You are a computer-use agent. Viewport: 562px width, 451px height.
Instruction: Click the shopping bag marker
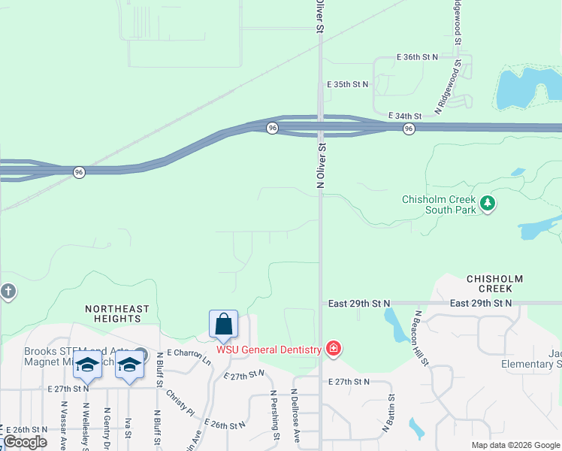[x=224, y=324]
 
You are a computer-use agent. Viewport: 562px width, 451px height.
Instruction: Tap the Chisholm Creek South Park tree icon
[x=488, y=204]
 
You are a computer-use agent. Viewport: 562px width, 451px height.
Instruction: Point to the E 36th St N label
[x=417, y=57]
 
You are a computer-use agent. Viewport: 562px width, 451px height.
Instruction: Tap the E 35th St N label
[x=348, y=85]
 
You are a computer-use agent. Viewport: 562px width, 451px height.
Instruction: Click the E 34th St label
[x=405, y=116]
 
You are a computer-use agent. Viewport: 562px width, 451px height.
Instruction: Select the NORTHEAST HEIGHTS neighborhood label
[x=117, y=313]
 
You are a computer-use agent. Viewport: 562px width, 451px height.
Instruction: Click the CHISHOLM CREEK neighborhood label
[x=490, y=283]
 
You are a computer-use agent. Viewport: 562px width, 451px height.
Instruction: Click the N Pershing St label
[x=274, y=414]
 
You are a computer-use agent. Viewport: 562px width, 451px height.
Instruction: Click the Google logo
[x=25, y=442]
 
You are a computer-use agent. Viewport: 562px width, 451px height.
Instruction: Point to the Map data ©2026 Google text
[x=515, y=445]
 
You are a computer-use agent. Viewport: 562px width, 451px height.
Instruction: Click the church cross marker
[x=8, y=292]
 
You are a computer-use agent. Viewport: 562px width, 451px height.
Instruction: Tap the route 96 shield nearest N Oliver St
[x=273, y=129]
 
